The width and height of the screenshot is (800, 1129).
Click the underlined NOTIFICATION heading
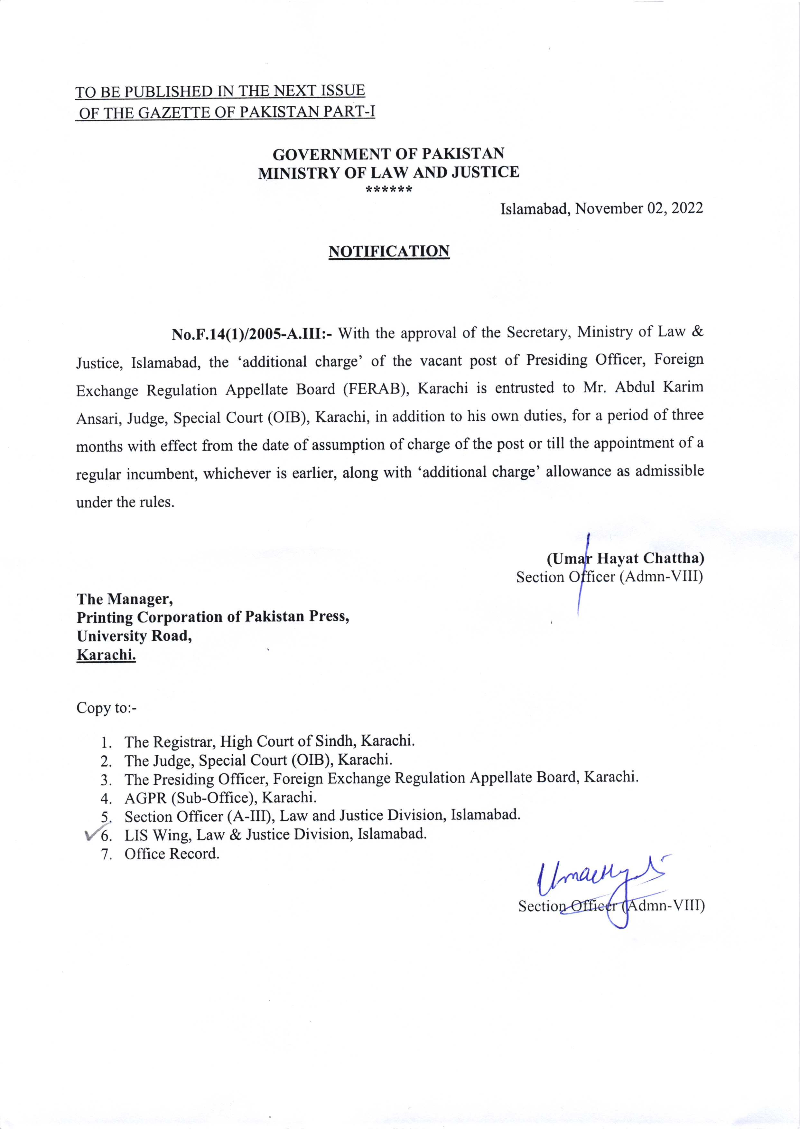(389, 252)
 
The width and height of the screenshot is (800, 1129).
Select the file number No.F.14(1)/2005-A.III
(251, 334)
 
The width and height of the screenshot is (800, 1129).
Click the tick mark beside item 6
(92, 834)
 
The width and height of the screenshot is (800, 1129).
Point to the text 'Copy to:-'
(107, 708)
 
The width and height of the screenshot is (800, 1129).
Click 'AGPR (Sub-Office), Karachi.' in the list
(220, 797)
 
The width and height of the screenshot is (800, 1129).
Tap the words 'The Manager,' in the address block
(125, 599)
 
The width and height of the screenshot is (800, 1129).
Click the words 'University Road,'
(134, 636)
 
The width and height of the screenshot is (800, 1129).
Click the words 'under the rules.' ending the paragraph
(126, 502)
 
